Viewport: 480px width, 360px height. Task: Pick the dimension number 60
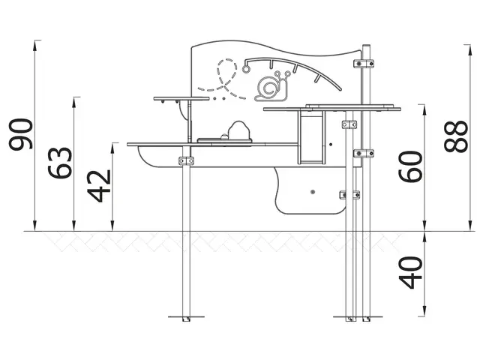point(409,165)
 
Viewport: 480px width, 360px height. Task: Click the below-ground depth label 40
point(409,272)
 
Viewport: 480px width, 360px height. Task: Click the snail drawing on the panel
point(271,87)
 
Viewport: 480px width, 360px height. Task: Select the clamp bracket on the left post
point(186,161)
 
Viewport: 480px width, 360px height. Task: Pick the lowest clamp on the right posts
point(349,195)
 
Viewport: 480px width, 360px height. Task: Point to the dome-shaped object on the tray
point(239,130)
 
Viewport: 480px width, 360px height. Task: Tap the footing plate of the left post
point(185,319)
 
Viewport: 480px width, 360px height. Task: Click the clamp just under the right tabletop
point(349,124)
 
